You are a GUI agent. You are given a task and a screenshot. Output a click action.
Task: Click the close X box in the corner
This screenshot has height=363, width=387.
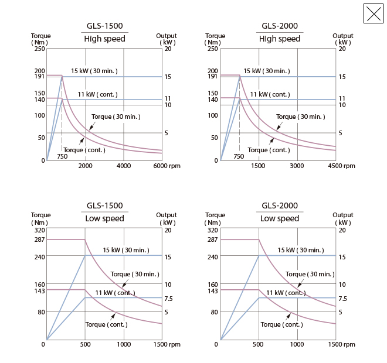click(374, 13)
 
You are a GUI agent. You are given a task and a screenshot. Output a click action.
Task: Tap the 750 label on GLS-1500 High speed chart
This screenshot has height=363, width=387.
click(62, 156)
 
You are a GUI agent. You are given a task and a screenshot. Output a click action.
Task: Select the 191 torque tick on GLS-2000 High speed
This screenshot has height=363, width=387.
click(212, 77)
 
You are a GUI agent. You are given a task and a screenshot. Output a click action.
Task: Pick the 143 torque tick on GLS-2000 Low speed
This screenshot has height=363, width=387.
click(212, 291)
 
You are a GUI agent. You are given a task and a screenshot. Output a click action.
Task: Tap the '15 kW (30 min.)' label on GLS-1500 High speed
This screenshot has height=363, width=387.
click(94, 71)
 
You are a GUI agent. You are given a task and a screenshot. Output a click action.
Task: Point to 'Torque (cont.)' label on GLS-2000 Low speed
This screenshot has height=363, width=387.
click(281, 324)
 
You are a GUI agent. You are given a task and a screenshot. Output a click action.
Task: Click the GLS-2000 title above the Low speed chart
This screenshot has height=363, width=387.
click(280, 206)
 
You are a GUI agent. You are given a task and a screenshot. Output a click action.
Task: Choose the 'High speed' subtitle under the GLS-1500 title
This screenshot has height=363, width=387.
click(104, 39)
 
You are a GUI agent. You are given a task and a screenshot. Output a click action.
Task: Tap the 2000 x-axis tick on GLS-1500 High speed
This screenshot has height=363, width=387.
click(85, 166)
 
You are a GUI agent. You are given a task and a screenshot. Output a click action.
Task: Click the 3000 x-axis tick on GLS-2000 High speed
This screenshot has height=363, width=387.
click(297, 166)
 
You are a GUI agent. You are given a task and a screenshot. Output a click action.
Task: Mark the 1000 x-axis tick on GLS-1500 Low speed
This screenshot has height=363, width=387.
click(124, 345)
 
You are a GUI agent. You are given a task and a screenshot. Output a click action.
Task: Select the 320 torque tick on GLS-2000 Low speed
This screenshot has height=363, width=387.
click(212, 230)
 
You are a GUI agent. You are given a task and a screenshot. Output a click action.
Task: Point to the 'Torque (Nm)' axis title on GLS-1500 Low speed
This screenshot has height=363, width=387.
click(41, 218)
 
